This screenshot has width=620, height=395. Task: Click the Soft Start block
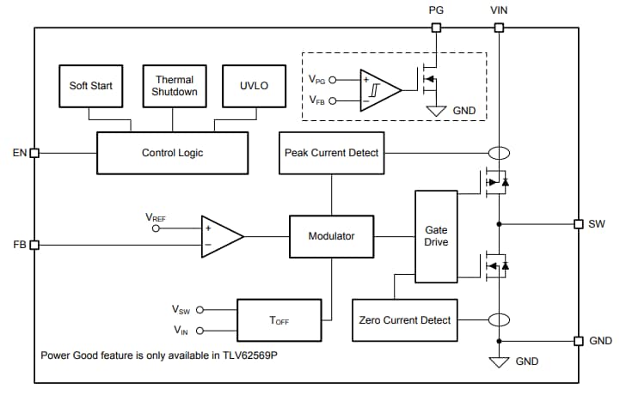pyautogui.click(x=90, y=86)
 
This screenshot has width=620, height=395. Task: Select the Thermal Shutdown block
pyautogui.click(x=175, y=86)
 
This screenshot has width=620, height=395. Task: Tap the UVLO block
pyautogui.click(x=255, y=86)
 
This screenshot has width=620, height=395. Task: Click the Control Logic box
pyautogui.click(x=172, y=153)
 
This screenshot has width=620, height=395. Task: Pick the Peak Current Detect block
pyautogui.click(x=331, y=153)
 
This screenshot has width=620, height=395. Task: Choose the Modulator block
pyautogui.click(x=331, y=236)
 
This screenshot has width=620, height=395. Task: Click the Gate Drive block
pyautogui.click(x=437, y=236)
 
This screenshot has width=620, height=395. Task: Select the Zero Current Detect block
pyautogui.click(x=404, y=320)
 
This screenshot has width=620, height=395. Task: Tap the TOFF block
pyautogui.click(x=279, y=320)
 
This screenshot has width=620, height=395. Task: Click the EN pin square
pyautogui.click(x=34, y=153)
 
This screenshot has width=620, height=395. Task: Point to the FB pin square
pyautogui.click(x=34, y=245)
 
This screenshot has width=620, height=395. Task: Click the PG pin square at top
pyautogui.click(x=436, y=27)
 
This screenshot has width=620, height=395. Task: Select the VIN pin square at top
pyautogui.click(x=499, y=27)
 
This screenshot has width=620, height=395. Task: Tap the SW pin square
pyautogui.click(x=579, y=224)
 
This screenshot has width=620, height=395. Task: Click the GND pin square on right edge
pyautogui.click(x=579, y=341)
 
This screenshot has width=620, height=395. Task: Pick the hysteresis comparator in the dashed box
pyautogui.click(x=379, y=90)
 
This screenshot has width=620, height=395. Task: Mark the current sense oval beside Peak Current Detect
pyautogui.click(x=499, y=153)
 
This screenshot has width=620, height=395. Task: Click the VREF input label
pyautogui.click(x=156, y=218)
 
